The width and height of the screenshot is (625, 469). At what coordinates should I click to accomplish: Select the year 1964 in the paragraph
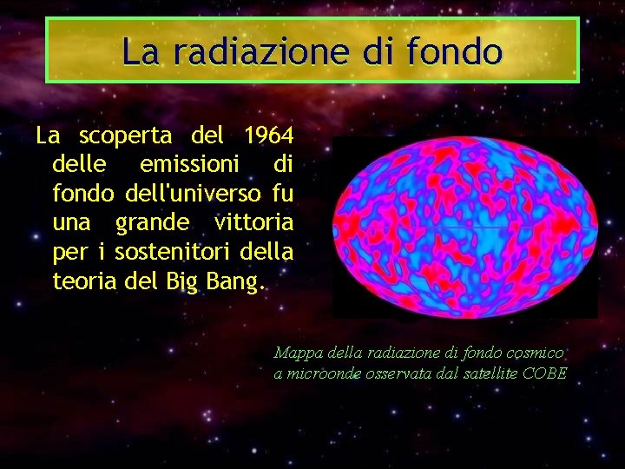[x=268, y=136]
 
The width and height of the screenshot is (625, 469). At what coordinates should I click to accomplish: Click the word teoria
[x=81, y=281]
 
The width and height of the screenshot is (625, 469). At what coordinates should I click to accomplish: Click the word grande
[x=151, y=222]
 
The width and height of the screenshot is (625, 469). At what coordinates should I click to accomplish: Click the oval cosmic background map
[x=464, y=225]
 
